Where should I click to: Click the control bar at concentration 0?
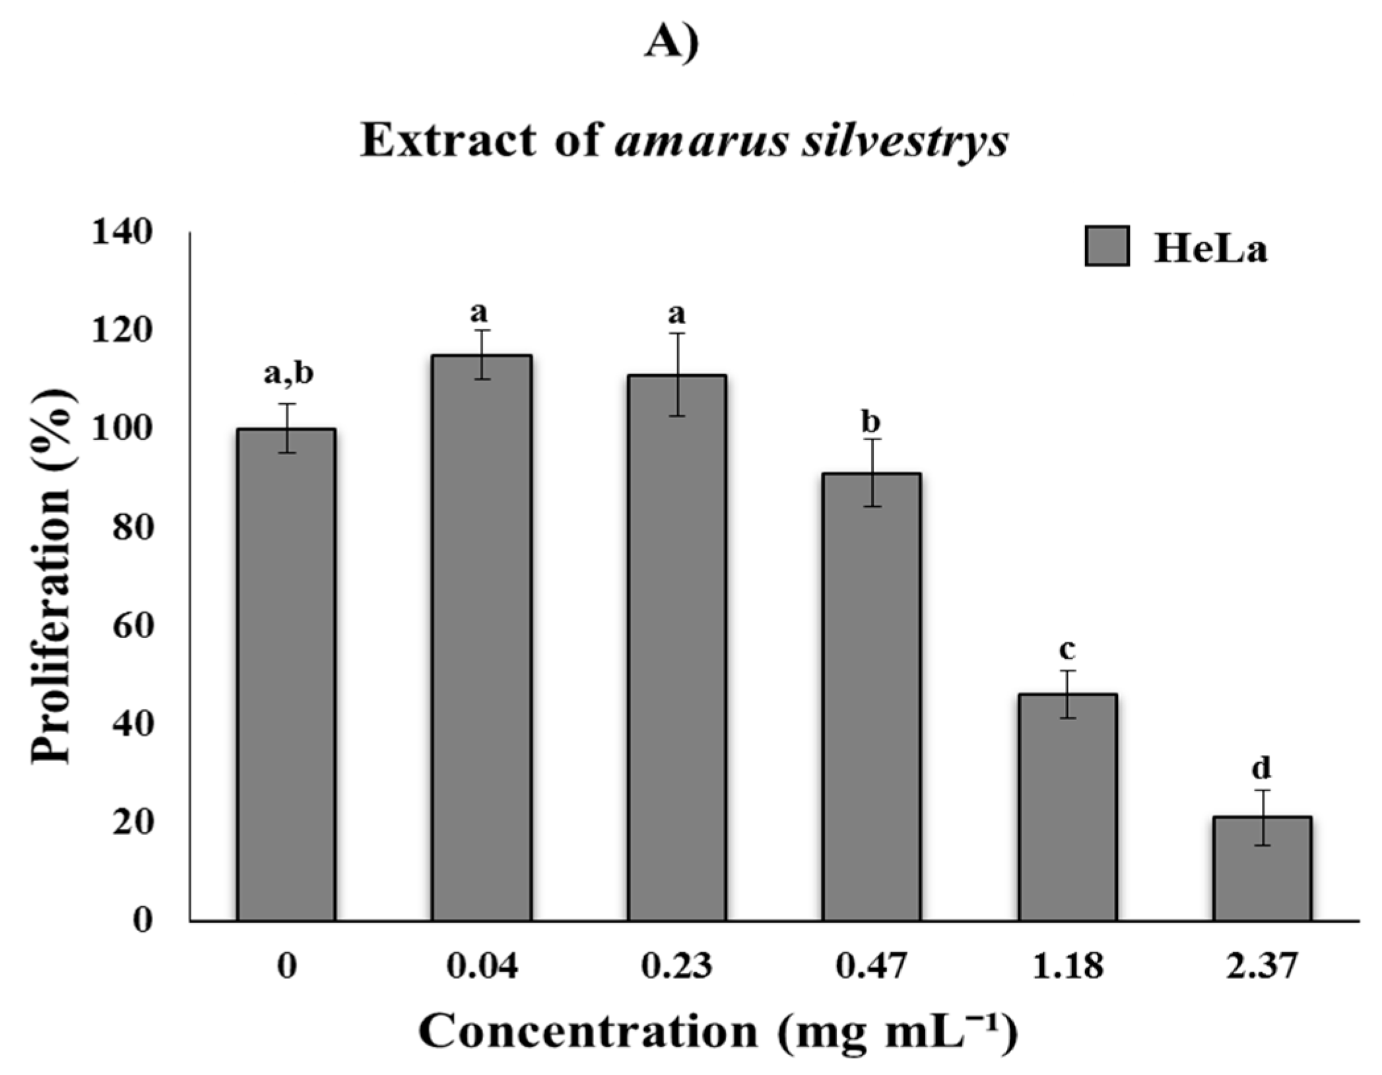(286, 673)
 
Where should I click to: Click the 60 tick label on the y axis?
(132, 626)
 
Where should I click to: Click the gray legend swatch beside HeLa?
(1107, 246)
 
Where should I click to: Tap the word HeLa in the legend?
(1210, 249)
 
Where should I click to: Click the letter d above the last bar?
(1261, 767)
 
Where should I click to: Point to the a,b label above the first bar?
(288, 374)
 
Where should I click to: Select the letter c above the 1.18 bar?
(1067, 649)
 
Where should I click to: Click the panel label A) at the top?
(671, 44)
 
